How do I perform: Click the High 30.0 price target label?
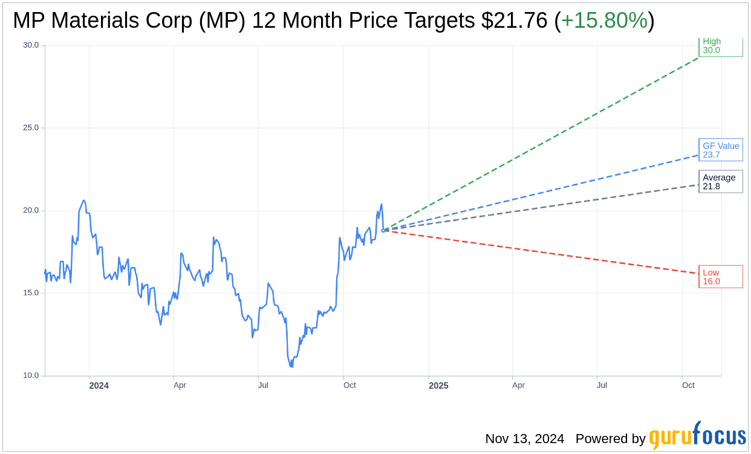pos(720,46)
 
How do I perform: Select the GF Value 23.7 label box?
pos(720,150)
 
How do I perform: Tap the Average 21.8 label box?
pos(720,182)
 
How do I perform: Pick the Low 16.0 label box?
pos(720,277)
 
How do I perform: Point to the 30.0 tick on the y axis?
pos(30,45)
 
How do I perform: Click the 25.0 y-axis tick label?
pos(30,128)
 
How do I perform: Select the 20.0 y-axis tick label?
pos(30,211)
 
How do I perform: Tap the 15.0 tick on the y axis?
pos(30,293)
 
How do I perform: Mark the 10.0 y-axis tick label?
pos(30,376)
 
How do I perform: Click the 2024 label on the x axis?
pos(99,386)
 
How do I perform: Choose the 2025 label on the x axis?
pos(438,386)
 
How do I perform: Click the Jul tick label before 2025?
pos(262,385)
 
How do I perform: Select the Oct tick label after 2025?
pos(688,385)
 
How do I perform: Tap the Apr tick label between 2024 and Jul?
pos(180,385)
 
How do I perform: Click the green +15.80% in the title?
pos(604,21)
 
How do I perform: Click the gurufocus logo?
pos(697,436)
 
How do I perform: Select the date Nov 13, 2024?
pos(524,439)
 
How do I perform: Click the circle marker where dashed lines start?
pos(383,231)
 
